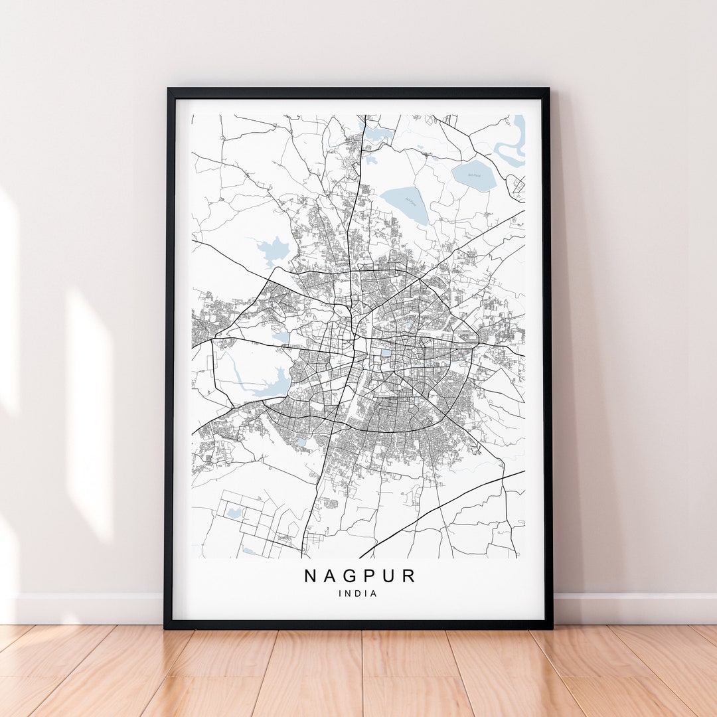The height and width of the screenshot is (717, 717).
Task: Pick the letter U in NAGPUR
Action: pos(391,576)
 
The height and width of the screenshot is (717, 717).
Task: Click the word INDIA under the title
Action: pos(358,594)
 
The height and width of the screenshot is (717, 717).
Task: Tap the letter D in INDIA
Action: pos(358,594)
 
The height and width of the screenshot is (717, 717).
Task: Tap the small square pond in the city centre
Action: pos(386,353)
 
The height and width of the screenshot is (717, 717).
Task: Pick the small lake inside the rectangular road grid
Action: pos(234,513)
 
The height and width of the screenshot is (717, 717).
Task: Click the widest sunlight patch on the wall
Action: pos(90,412)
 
